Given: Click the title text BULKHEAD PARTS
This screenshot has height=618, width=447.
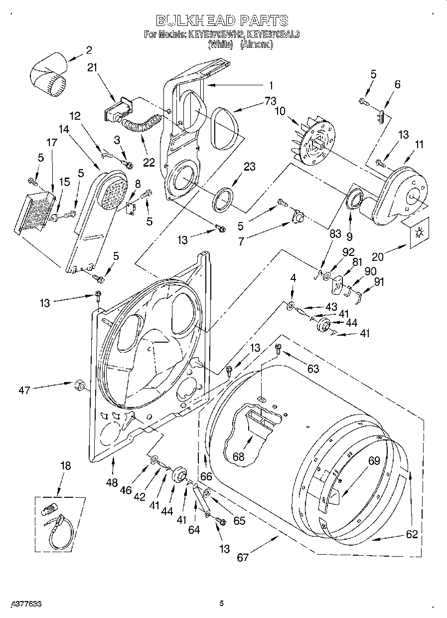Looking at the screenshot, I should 222,20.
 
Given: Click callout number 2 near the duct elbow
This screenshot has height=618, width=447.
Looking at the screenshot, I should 89,50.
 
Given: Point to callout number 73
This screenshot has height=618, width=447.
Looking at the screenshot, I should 270,101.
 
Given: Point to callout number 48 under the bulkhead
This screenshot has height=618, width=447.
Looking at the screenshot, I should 113,482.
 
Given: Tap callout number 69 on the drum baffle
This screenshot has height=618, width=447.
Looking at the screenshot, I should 374,462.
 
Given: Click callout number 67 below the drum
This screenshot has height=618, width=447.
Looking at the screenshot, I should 243,557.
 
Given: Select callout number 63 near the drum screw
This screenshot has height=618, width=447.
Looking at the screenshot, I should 312,369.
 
